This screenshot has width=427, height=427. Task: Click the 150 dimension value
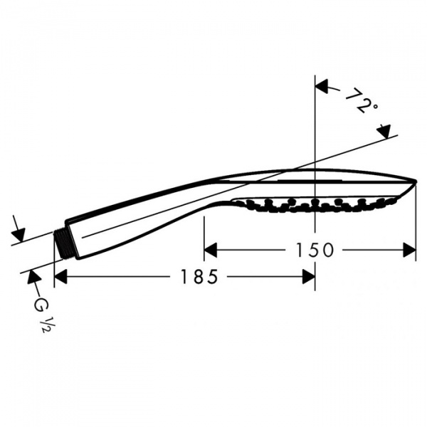(x=313, y=250)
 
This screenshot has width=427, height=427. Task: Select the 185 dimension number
(x=199, y=277)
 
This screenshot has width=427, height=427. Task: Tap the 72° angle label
(x=362, y=102)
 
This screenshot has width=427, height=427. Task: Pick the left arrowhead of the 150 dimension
(x=211, y=250)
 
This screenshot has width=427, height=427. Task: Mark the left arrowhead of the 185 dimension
(x=61, y=277)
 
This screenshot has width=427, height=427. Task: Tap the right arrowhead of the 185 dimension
(x=307, y=277)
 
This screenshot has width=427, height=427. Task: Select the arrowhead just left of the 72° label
(x=322, y=87)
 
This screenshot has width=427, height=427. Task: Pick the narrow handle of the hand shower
(x=142, y=213)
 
